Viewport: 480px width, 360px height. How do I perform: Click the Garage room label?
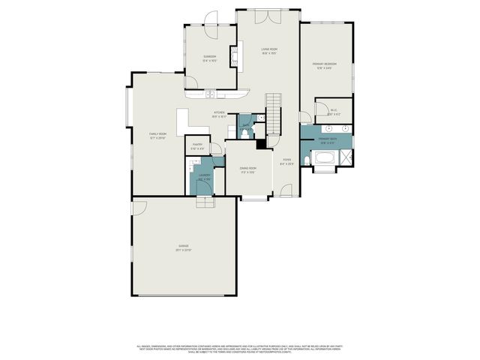point(184,247)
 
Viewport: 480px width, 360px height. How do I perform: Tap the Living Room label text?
point(269,52)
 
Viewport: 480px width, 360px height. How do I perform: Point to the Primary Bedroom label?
point(325,65)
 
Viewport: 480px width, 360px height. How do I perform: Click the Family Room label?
point(157,135)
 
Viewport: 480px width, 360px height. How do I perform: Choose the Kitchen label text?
point(218,115)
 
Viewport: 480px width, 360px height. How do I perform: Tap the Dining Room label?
point(247,169)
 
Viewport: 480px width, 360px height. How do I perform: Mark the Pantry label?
point(198,146)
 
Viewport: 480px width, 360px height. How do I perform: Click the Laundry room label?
point(204,177)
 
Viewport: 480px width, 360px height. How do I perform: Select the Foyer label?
point(286,161)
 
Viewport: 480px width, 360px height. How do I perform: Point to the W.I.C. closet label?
point(334,112)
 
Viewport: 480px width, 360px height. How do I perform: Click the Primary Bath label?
point(326,140)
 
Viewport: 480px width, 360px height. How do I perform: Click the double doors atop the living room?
point(268,14)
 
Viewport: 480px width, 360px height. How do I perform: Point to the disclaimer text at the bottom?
point(240,349)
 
